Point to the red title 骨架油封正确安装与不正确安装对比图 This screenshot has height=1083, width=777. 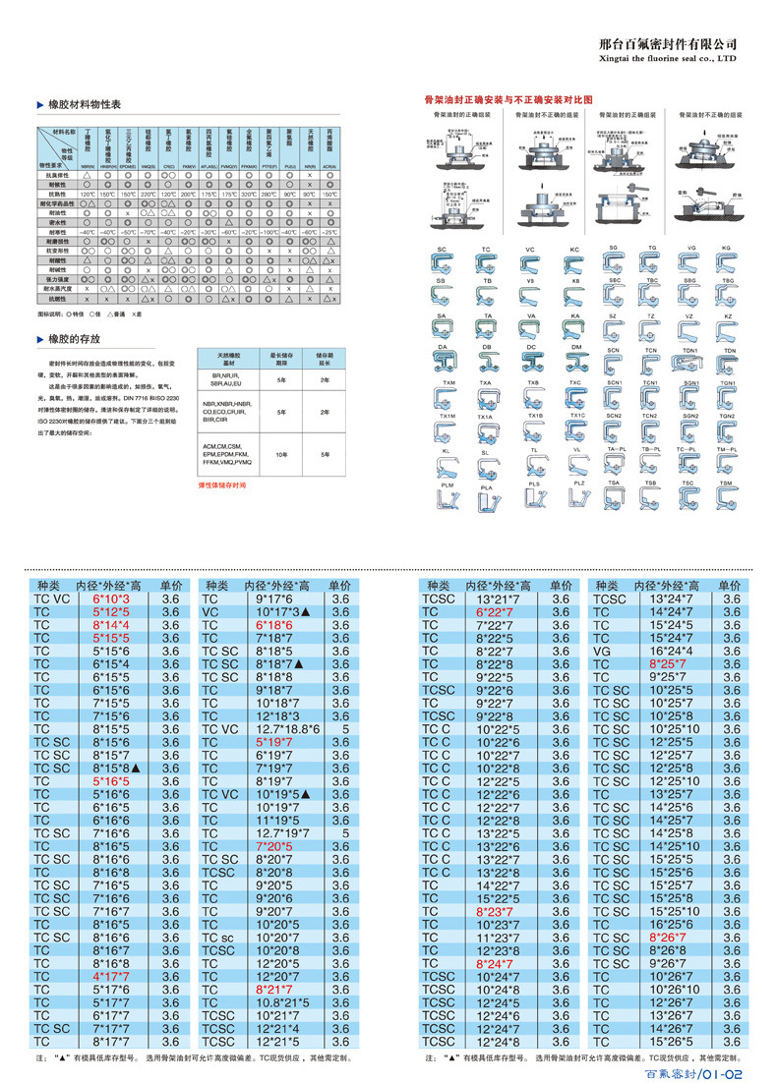tap(508, 100)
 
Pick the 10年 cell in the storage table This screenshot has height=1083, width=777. tap(280, 456)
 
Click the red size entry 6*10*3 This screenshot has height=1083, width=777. tap(111, 598)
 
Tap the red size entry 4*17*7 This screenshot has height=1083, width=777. tap(111, 976)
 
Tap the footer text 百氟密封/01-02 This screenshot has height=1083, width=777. tap(697, 1074)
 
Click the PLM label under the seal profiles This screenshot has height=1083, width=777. tap(448, 486)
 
